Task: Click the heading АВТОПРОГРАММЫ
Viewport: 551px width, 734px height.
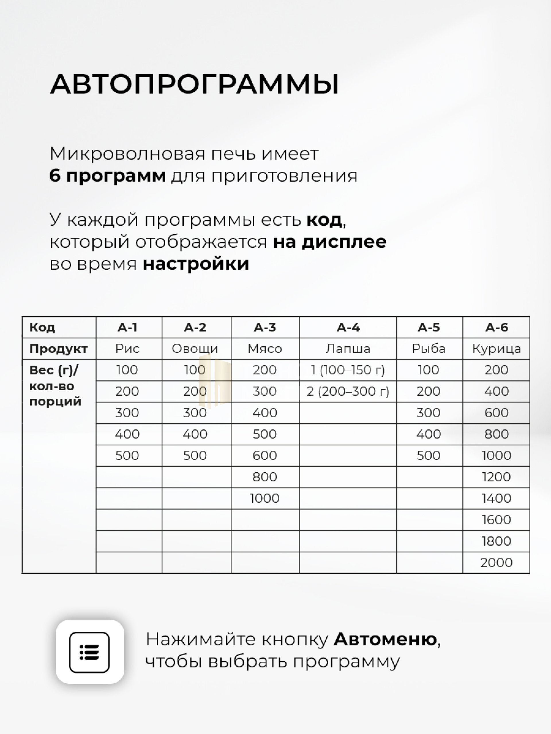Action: click(x=194, y=84)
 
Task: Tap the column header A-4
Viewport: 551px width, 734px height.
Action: click(x=348, y=327)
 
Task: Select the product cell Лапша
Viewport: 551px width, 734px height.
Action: click(x=348, y=349)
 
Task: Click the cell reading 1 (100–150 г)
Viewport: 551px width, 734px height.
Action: click(x=348, y=370)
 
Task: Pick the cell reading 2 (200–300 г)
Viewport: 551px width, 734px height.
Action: click(x=348, y=392)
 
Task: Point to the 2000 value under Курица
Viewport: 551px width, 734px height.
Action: click(x=496, y=563)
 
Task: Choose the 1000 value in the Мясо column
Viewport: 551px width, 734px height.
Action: click(x=265, y=498)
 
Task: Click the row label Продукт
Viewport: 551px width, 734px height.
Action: click(x=59, y=349)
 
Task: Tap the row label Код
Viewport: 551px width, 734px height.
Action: click(x=42, y=327)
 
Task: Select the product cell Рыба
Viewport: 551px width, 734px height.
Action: click(x=428, y=349)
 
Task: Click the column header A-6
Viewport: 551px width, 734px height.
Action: click(x=496, y=327)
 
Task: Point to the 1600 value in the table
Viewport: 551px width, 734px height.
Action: click(x=496, y=520)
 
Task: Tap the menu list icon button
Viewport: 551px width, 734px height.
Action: click(x=90, y=652)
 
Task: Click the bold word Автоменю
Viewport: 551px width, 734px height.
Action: click(x=385, y=639)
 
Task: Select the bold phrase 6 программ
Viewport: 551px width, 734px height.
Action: click(x=107, y=175)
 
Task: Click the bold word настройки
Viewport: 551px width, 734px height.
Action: click(x=196, y=264)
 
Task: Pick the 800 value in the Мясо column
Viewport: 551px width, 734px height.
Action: click(x=265, y=477)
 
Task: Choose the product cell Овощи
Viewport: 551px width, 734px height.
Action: click(x=195, y=349)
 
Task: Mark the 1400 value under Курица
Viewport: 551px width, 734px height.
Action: click(x=496, y=498)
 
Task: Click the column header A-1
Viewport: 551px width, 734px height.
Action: click(x=127, y=327)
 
